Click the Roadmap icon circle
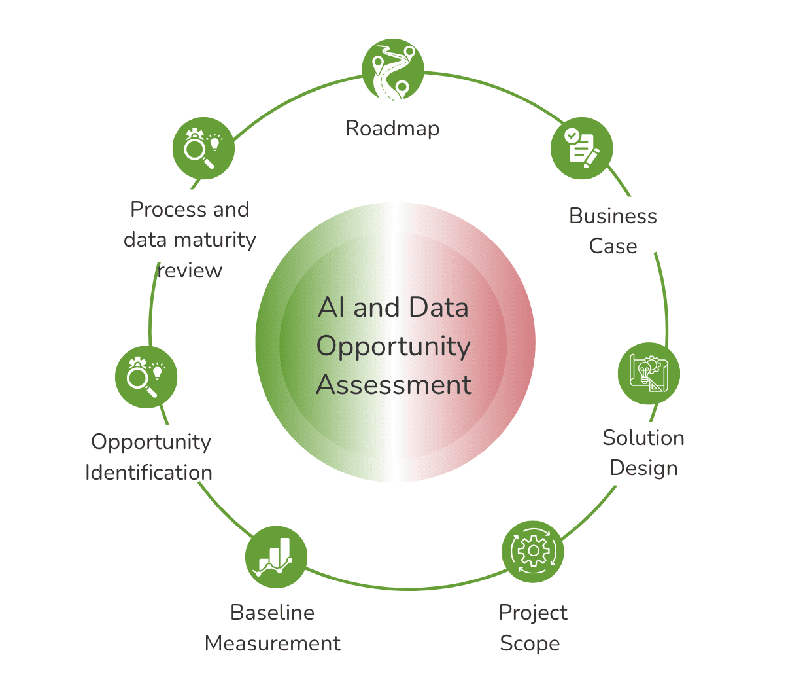(x=393, y=70)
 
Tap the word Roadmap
(x=392, y=129)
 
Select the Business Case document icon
(x=581, y=148)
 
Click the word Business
(x=613, y=216)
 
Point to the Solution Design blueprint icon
(x=649, y=374)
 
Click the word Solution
(x=643, y=438)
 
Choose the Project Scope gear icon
(x=533, y=552)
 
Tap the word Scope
(x=530, y=643)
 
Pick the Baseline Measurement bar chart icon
(x=276, y=557)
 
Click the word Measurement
(x=272, y=643)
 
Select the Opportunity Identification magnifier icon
(x=146, y=377)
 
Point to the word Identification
(x=149, y=472)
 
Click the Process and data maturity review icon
(x=203, y=148)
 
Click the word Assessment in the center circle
(x=394, y=385)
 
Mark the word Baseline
(x=272, y=613)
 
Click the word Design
(x=643, y=469)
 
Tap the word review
(x=190, y=271)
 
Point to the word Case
(x=613, y=246)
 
